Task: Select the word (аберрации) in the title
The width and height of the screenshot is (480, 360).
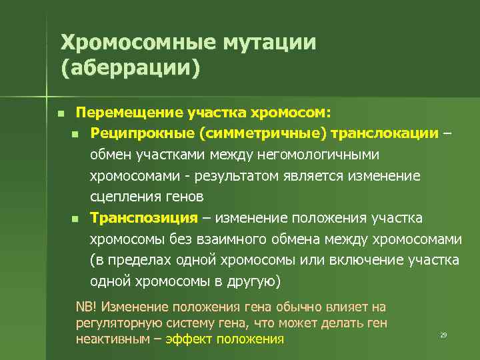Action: [x=130, y=69]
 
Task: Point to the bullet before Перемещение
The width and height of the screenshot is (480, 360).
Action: [x=60, y=113]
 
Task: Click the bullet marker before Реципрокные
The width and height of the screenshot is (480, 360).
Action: [x=75, y=135]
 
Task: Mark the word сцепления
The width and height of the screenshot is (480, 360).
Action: [x=125, y=197]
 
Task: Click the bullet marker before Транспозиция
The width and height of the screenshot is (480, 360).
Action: [x=75, y=219]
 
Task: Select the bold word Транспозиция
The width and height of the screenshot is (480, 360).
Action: [x=145, y=218]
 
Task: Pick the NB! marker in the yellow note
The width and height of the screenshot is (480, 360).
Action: [x=87, y=307]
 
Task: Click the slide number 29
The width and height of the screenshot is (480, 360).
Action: [x=443, y=334]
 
